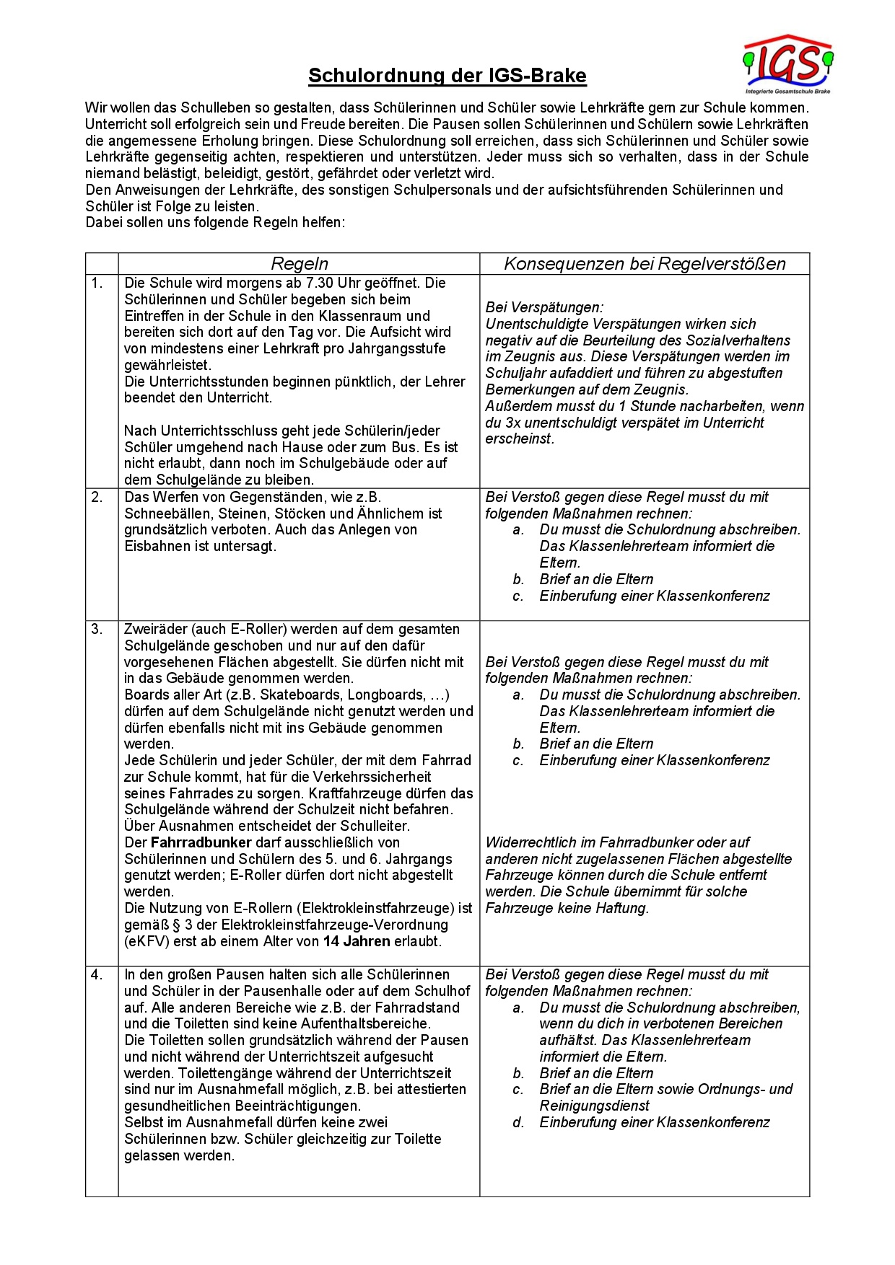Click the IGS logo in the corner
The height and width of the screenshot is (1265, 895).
787,63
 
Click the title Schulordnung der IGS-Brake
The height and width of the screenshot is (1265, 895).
447,76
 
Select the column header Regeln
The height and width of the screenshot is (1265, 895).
299,264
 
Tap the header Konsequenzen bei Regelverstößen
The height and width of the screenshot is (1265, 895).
645,264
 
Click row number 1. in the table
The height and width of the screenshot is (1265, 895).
97,283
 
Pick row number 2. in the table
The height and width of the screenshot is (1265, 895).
97,498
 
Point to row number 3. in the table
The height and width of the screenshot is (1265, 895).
97,630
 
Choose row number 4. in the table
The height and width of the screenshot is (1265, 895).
97,975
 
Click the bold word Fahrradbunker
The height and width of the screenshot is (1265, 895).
201,842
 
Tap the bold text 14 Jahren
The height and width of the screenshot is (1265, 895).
357,941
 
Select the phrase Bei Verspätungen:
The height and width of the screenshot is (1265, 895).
544,308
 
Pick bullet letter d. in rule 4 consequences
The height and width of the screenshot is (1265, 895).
518,1123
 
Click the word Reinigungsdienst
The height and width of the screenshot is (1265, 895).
594,1106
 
